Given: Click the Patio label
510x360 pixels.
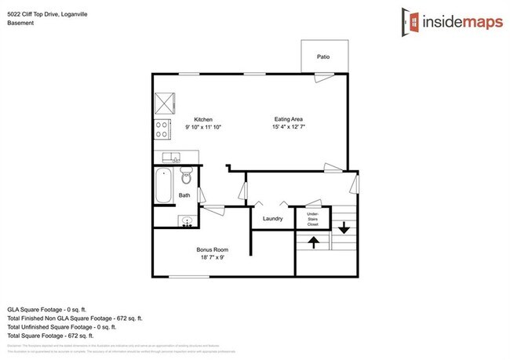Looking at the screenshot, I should tap(322, 57).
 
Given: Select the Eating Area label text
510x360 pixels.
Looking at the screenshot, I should tap(288, 119).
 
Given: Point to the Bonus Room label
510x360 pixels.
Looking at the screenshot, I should tap(212, 250).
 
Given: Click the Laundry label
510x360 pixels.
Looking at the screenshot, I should tap(272, 219).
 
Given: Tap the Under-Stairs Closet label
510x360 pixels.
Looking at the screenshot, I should tap(312, 219).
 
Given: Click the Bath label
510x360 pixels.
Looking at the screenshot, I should tap(184, 195).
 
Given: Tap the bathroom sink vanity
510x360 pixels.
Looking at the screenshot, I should tap(187, 220).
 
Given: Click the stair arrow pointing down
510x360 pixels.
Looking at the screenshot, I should tap(344, 227).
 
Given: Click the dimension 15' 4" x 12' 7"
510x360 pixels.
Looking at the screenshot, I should tap(288, 127).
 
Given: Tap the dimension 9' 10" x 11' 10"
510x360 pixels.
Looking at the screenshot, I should tap(203, 127).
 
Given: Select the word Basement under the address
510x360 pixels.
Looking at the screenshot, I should tap(20, 23).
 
